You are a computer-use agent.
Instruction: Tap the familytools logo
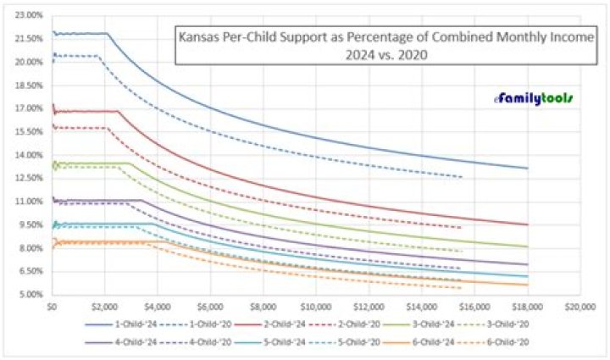coord(535,98)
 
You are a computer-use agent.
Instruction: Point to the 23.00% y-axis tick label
coord(29,15)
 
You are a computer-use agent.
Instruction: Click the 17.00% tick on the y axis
coord(29,108)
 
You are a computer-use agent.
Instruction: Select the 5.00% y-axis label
coord(29,295)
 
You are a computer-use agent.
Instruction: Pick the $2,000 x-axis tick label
coord(104,305)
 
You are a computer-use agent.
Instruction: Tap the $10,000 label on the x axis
coord(316,305)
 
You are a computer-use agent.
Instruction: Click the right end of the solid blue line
coord(528,169)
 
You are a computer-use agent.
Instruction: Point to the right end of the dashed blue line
coord(463,177)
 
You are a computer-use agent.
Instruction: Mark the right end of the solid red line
coord(528,224)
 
